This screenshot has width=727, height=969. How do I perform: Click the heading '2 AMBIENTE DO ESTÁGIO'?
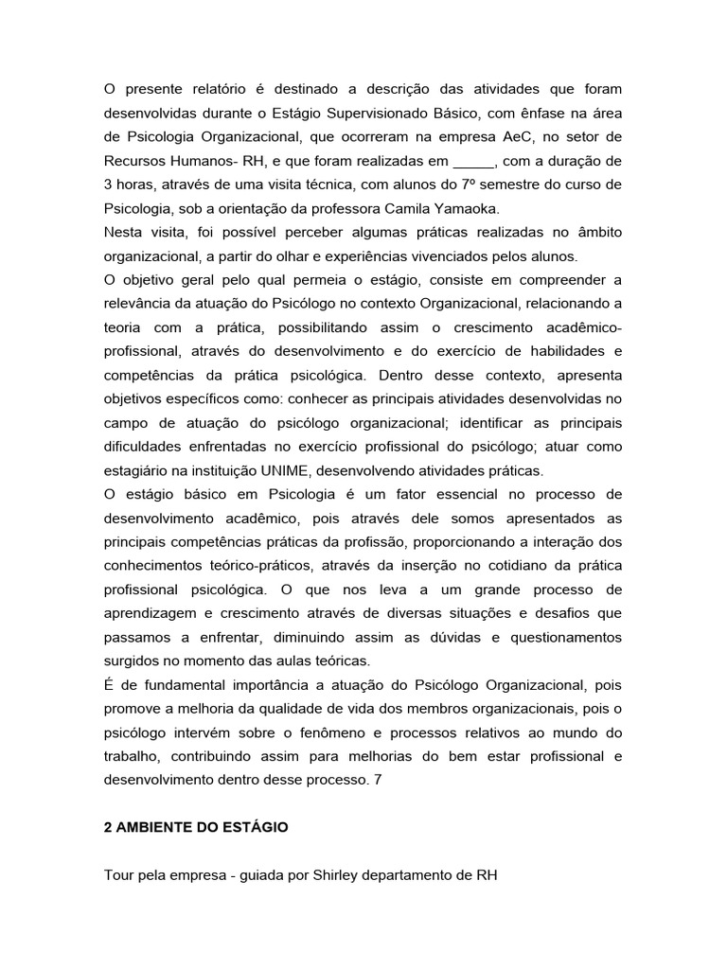pos(195,827)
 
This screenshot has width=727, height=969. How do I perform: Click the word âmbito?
pos(594,233)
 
